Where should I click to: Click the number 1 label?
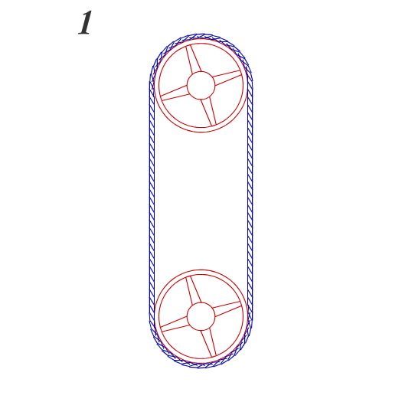click(x=85, y=22)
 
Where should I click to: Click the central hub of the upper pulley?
click(x=201, y=85)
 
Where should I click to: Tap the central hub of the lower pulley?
click(x=201, y=317)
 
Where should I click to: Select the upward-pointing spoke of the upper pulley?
click(x=193, y=59)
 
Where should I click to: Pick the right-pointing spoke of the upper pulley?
click(x=227, y=77)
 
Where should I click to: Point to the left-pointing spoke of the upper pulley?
click(x=175, y=93)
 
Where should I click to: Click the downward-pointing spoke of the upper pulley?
click(x=209, y=112)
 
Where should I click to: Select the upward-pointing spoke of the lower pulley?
click(x=193, y=290)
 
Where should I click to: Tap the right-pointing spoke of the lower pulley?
click(x=227, y=309)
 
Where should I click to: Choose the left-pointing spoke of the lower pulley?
click(x=175, y=325)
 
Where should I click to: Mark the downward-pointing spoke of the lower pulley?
click(x=209, y=343)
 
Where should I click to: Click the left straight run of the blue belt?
click(x=152, y=201)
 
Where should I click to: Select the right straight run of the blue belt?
click(x=250, y=201)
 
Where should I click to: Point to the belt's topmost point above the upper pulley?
click(x=201, y=36)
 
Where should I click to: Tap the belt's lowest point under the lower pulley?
click(x=201, y=366)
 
